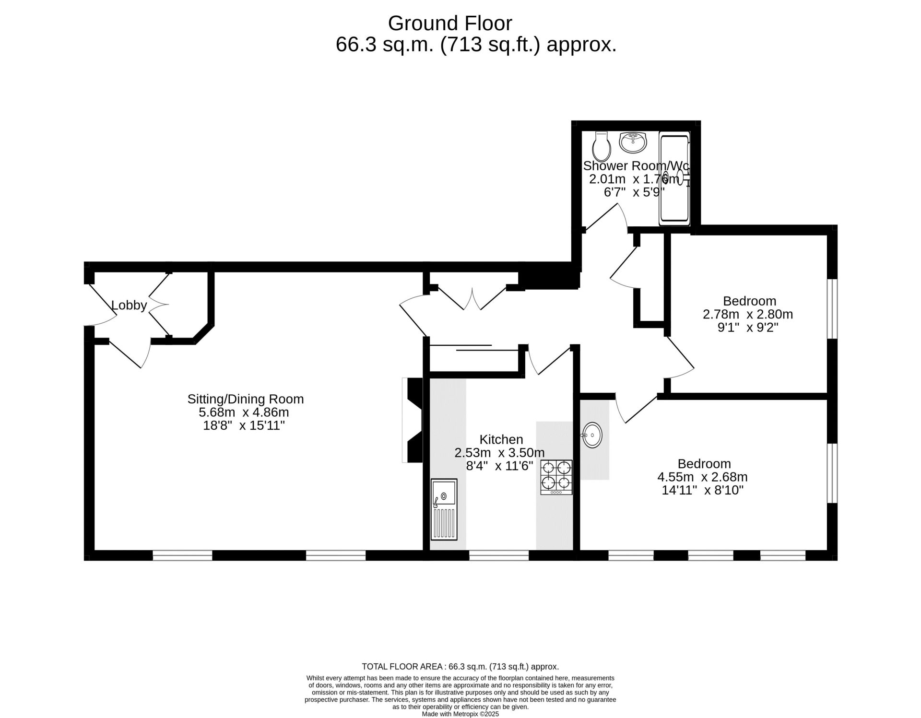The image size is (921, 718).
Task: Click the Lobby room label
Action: point(129,305)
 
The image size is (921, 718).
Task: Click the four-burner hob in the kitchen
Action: point(556,477)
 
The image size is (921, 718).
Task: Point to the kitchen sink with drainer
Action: point(444,509)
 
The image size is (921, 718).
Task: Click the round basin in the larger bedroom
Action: point(592,436)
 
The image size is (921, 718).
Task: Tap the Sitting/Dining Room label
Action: point(245,399)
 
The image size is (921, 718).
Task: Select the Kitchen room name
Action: point(501,439)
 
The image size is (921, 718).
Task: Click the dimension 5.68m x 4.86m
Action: point(244,412)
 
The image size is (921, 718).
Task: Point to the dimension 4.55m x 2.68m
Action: point(702,477)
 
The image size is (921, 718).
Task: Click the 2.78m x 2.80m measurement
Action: point(748,315)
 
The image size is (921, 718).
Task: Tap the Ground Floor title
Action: point(450,23)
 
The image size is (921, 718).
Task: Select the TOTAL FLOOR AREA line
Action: point(460,667)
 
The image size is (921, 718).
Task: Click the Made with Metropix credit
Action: point(460,714)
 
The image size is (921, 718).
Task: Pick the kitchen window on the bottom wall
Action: point(499,555)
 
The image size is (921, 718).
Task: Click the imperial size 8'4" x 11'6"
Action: point(499,466)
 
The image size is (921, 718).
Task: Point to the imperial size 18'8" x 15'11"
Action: point(244,425)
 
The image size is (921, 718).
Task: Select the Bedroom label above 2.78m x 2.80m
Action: point(750,301)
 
